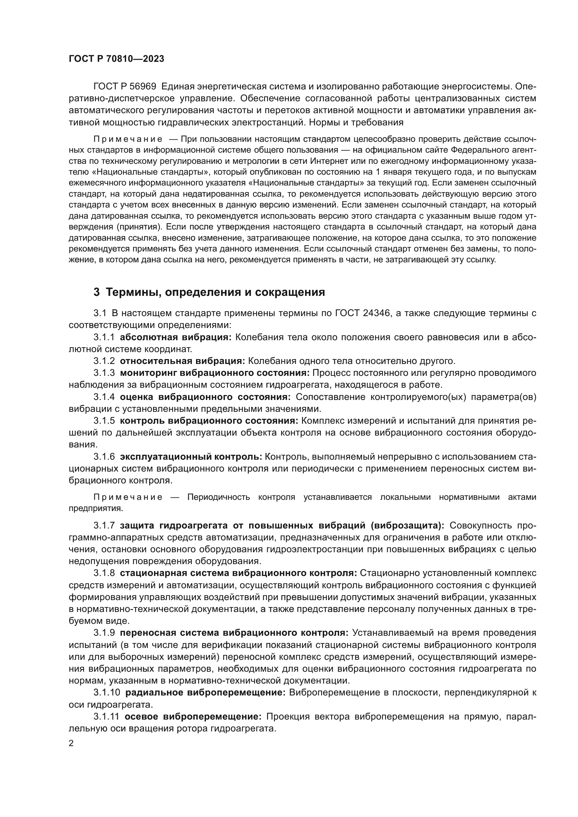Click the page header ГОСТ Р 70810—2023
click(116, 59)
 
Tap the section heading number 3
click(96, 292)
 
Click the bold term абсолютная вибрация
click(175, 337)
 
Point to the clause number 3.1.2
click(104, 361)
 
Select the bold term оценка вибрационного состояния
click(205, 397)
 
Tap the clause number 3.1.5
click(104, 421)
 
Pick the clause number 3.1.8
click(104, 573)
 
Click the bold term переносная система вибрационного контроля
click(234, 633)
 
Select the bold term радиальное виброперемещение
click(205, 692)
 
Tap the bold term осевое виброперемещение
click(193, 716)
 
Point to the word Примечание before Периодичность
click(128, 497)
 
